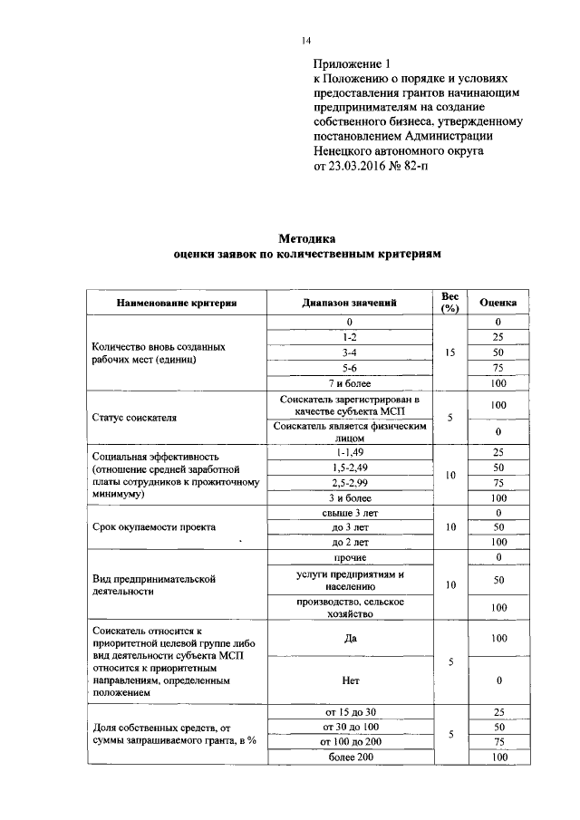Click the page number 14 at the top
[305, 41]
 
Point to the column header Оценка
[498, 303]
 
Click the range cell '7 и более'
[349, 382]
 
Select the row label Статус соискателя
[135, 418]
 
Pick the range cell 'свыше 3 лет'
[349, 512]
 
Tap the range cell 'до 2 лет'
[349, 541]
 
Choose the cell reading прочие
[349, 556]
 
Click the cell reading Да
[349, 638]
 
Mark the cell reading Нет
[349, 678]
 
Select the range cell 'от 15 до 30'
[349, 711]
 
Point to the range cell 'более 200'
[349, 756]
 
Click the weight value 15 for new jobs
[449, 352]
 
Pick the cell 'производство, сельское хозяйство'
[349, 606]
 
